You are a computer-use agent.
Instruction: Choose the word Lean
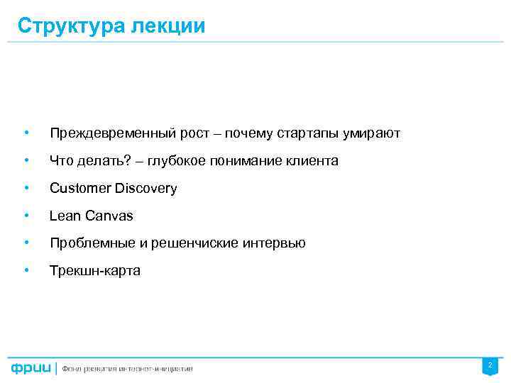click(64, 216)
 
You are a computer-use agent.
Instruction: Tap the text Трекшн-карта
click(94, 270)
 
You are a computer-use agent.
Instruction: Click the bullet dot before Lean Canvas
click(26, 216)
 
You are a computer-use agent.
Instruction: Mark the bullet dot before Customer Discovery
click(26, 189)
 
